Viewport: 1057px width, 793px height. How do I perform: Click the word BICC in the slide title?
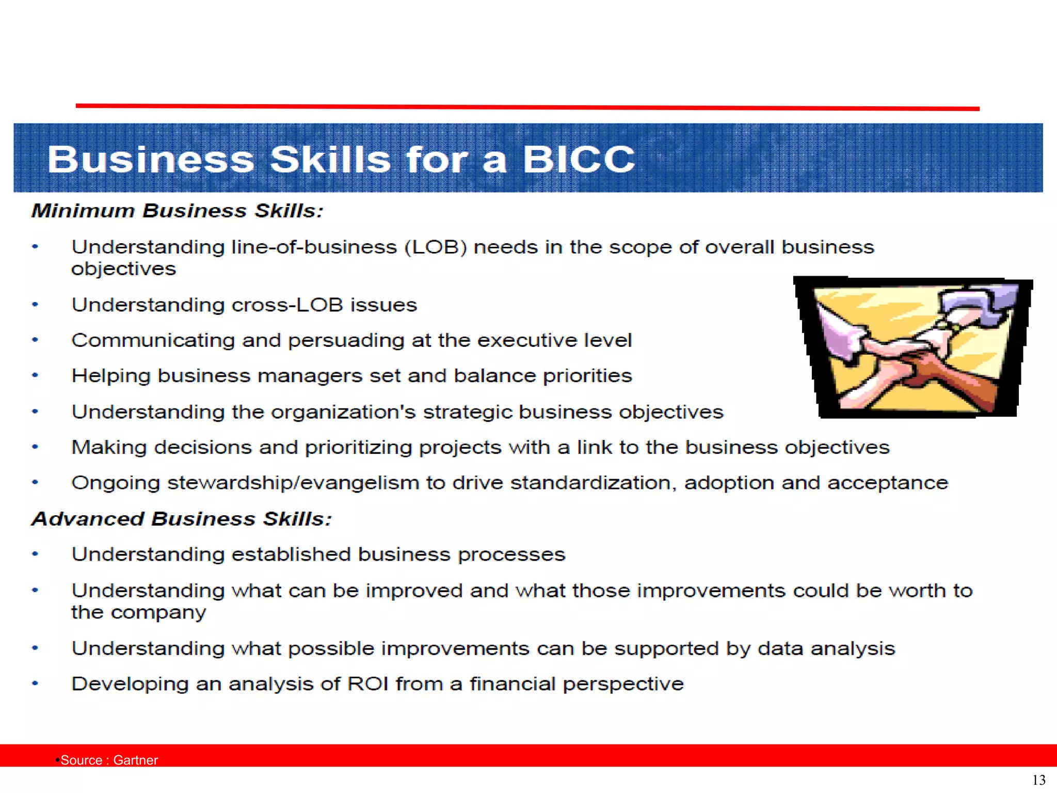click(578, 159)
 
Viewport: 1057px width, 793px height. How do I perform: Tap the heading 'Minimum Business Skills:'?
click(177, 211)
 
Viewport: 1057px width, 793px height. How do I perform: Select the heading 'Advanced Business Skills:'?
click(181, 519)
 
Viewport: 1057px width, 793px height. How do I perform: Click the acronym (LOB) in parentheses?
click(436, 247)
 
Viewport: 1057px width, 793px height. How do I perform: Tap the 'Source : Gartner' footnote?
click(109, 760)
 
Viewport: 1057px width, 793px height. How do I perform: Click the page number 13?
click(1038, 780)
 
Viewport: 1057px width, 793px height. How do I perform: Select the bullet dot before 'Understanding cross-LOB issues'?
click(35, 305)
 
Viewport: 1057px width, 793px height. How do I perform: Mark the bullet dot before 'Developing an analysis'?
click(35, 684)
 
